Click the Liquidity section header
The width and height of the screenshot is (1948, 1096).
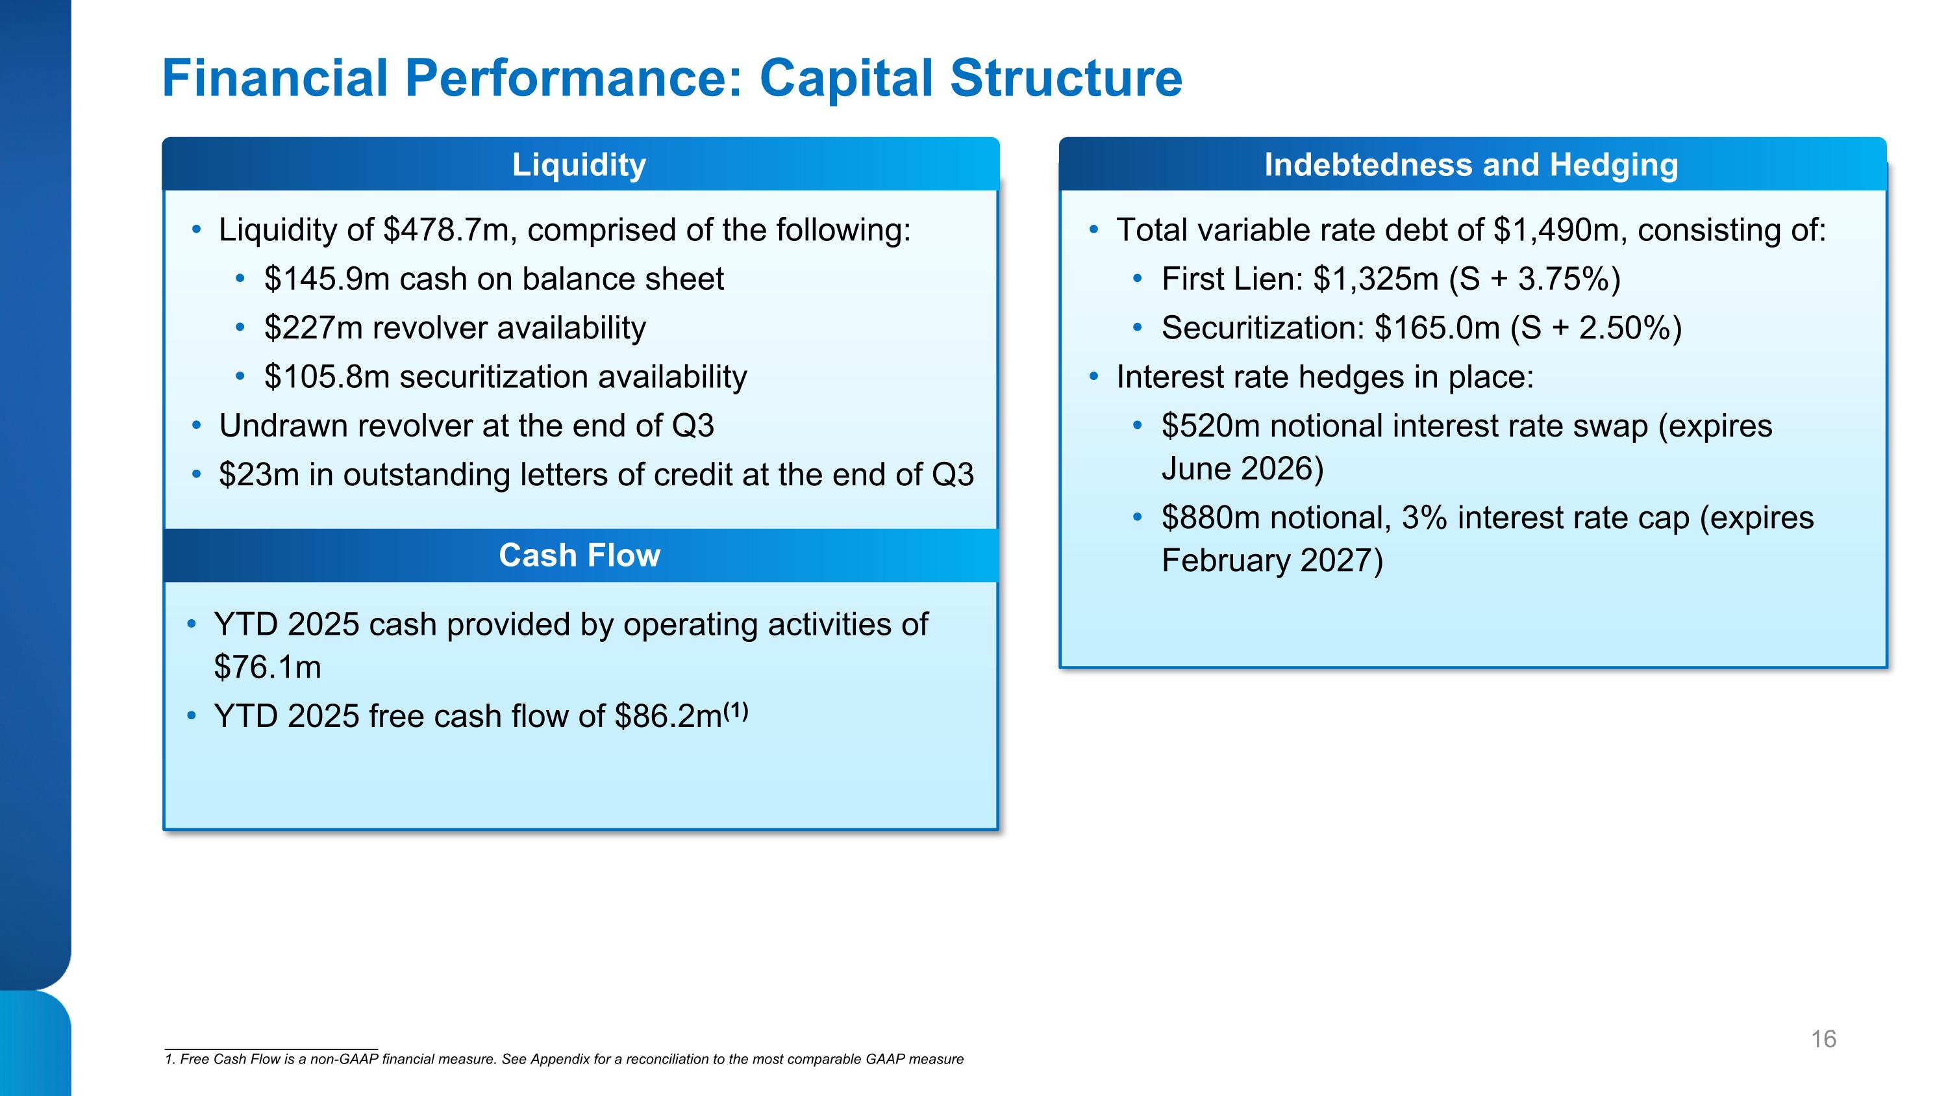579,165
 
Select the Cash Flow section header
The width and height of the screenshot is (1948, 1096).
579,555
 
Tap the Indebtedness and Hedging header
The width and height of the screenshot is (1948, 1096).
1471,165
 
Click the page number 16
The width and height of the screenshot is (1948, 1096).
1823,1039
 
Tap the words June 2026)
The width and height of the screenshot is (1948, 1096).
1242,469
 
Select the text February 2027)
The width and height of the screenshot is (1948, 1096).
1272,561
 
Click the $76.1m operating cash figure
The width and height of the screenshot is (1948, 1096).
268,667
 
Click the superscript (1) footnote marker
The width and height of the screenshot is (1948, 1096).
736,710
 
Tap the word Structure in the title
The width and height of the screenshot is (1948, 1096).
1066,79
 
